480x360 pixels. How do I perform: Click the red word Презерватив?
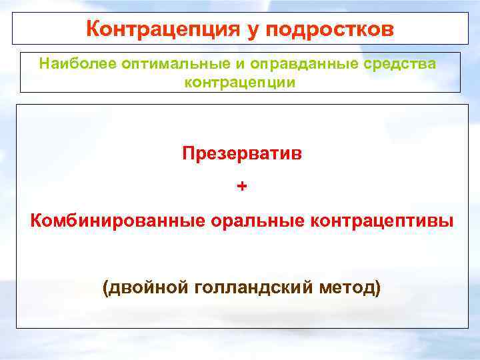241,154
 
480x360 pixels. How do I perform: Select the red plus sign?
241,187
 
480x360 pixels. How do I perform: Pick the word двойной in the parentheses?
148,288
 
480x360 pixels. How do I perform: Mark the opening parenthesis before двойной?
105,288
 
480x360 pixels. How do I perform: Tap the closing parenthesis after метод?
378,288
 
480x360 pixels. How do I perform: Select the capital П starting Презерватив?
188,154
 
